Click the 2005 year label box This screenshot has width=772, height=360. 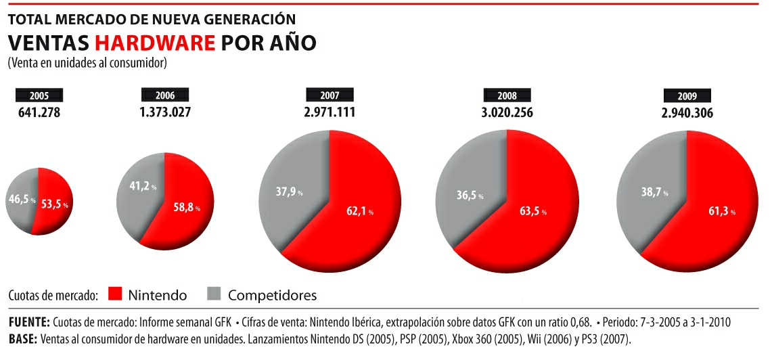pyautogui.click(x=39, y=95)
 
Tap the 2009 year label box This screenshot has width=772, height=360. pyautogui.click(x=687, y=95)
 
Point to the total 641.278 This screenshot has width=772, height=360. pyautogui.click(x=39, y=112)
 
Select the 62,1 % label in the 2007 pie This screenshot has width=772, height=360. pyautogui.click(x=359, y=211)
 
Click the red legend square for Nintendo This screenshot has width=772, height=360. pyautogui.click(x=114, y=294)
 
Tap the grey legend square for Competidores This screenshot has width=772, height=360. pyautogui.click(x=214, y=294)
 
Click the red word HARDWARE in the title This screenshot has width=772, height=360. pyautogui.click(x=155, y=43)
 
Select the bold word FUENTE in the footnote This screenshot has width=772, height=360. pyautogui.click(x=30, y=321)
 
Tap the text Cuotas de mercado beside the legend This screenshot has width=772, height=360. pyautogui.click(x=54, y=296)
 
